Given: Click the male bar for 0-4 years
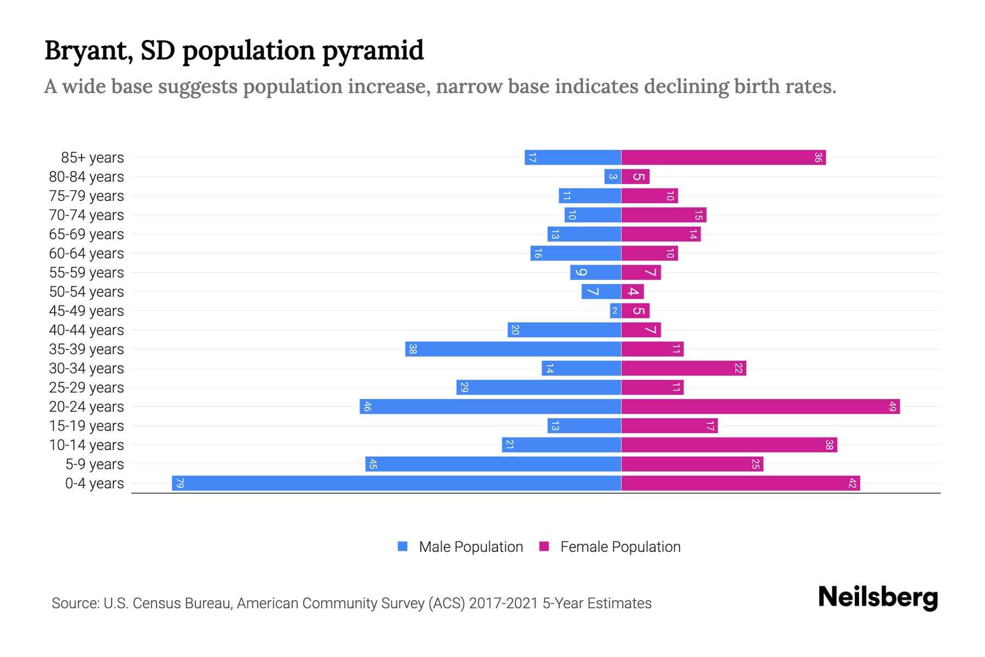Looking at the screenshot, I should tap(396, 483).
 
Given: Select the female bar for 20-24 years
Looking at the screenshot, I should tap(760, 406).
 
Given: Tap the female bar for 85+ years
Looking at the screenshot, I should tap(723, 157).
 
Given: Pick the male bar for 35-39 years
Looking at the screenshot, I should tap(513, 349).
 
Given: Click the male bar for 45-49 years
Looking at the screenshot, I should tap(615, 310).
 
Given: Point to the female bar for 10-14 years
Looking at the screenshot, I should tap(729, 445).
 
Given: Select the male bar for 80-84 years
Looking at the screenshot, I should tap(612, 176).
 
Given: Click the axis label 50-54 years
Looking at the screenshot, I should tap(86, 292).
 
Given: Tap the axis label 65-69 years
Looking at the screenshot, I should tap(86, 234).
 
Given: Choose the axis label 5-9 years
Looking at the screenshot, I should tap(95, 464).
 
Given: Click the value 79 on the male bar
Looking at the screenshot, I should tap(179, 483).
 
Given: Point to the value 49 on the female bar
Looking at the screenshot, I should tap(893, 406).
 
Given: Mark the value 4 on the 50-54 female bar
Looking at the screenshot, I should tap(633, 291).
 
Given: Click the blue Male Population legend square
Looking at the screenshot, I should tap(403, 546).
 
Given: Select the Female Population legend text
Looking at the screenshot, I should tap(620, 546).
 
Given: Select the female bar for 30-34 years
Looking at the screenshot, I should tap(683, 368).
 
